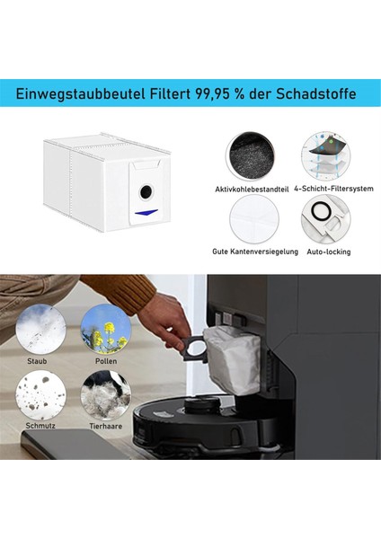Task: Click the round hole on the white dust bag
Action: [145, 190]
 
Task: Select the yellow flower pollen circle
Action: [105, 328]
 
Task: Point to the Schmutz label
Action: [40, 426]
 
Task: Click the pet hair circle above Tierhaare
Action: [105, 393]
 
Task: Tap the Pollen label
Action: [105, 361]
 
